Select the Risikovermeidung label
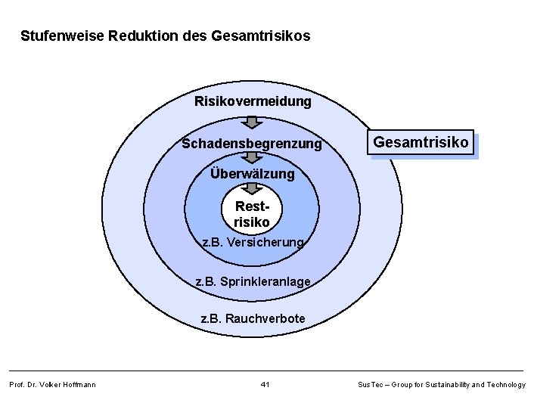click(253, 101)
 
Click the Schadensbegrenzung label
click(252, 144)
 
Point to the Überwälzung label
click(252, 174)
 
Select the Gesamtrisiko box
click(421, 141)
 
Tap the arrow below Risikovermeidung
click(253, 122)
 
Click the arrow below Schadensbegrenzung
click(253, 157)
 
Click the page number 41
click(265, 385)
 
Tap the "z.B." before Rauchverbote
click(211, 319)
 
